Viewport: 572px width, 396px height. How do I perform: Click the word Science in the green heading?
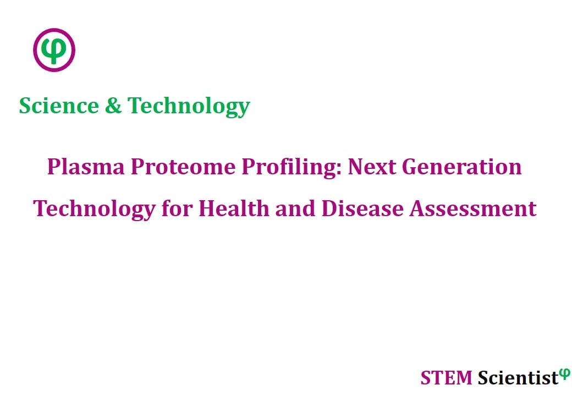pos(59,106)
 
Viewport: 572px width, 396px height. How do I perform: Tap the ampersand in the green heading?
pos(113,106)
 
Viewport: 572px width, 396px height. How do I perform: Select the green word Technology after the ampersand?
pos(189,107)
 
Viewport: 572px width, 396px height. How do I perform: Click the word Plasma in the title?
pos(86,167)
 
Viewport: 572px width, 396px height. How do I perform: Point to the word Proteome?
pos(183,167)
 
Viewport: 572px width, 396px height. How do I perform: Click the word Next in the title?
pos(372,167)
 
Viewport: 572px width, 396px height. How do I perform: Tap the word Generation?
pos(462,167)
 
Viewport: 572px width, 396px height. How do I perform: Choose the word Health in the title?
pos(233,208)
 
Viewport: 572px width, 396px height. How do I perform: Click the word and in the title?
pos(295,208)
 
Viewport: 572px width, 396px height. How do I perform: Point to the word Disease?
pos(362,208)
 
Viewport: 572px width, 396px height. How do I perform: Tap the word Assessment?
pos(473,208)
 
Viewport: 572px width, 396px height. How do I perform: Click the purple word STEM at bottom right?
pos(446,378)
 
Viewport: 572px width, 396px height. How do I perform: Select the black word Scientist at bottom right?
pos(518,377)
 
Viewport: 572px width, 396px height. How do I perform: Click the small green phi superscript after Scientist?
pos(565,373)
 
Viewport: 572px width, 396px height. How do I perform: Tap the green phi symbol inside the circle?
pos(54,50)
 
